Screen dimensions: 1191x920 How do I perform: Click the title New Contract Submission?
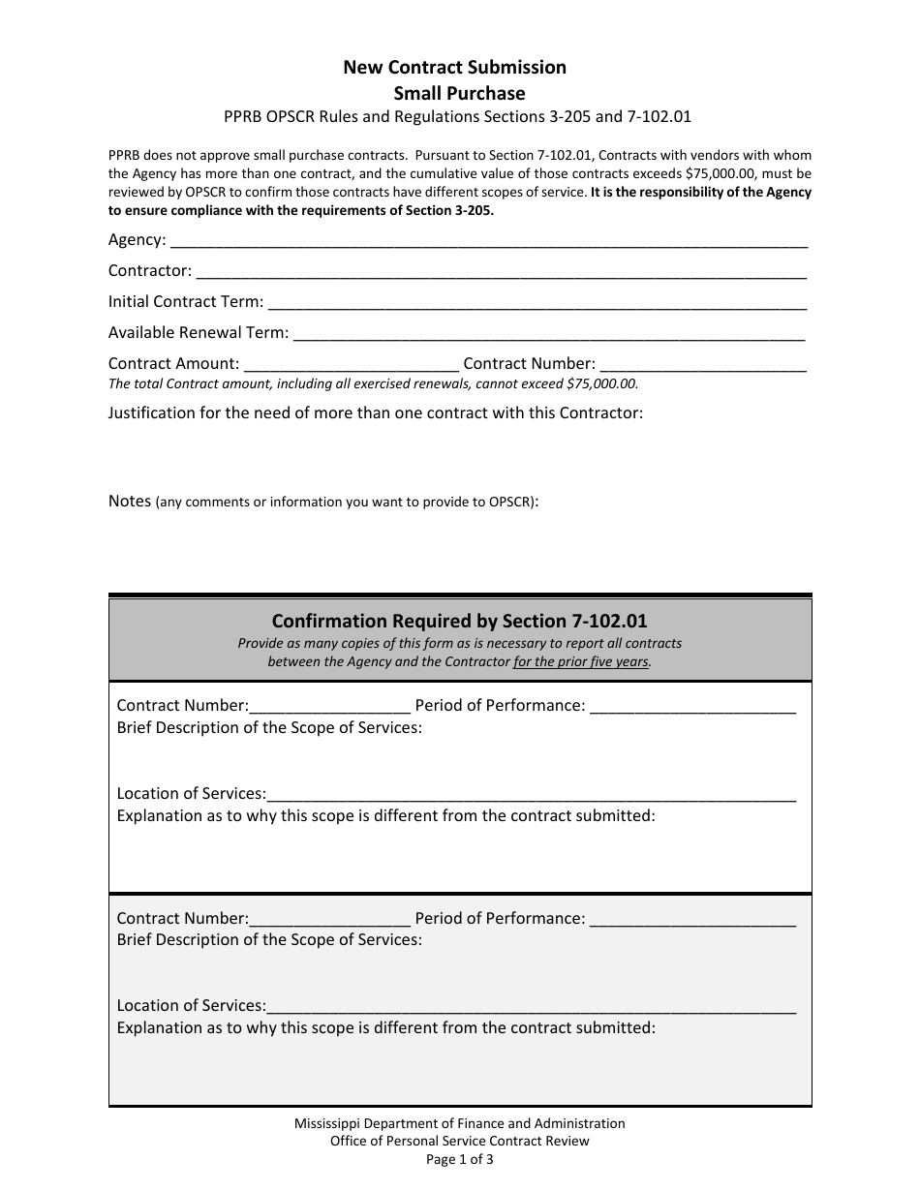coord(454,67)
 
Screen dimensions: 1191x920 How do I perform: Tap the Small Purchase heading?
coord(459,93)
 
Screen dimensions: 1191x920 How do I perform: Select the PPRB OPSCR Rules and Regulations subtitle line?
coord(459,116)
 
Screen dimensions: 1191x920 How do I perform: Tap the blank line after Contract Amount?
coord(352,366)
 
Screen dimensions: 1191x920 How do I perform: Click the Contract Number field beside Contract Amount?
coord(703,366)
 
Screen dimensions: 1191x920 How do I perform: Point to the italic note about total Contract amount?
coord(373,383)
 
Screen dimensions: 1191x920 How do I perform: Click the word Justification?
coord(152,412)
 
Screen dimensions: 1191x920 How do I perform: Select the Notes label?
coord(130,501)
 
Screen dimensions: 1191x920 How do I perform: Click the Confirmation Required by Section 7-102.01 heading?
coord(459,621)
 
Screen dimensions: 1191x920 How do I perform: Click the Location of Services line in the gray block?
coord(531,1008)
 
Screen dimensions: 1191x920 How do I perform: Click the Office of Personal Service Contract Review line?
coord(459,1141)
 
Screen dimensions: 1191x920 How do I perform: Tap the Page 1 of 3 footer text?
coord(459,1158)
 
